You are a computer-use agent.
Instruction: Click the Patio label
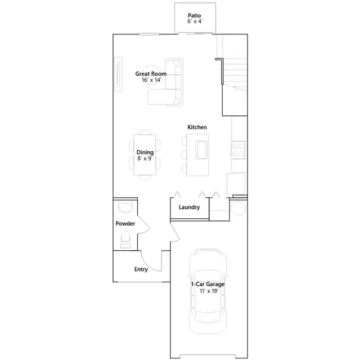(194, 16)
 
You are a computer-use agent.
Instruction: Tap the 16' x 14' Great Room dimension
(151, 80)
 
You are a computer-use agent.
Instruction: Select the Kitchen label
(197, 127)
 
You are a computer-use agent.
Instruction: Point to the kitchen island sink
(201, 150)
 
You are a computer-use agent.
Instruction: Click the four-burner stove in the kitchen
(238, 150)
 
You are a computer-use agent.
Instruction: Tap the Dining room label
(145, 152)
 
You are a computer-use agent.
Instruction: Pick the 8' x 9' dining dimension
(145, 159)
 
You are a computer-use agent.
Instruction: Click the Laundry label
(189, 207)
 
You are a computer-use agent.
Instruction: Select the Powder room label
(125, 223)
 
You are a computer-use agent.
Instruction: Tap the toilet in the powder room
(125, 240)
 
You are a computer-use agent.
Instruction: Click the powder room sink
(125, 207)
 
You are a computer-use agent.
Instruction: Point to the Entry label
(141, 269)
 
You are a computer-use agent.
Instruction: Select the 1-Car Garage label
(208, 284)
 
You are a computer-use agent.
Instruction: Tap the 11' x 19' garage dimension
(209, 291)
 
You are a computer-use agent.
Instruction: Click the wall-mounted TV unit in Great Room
(119, 74)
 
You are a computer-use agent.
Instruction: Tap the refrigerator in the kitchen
(236, 183)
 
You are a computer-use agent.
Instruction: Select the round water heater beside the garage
(238, 208)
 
